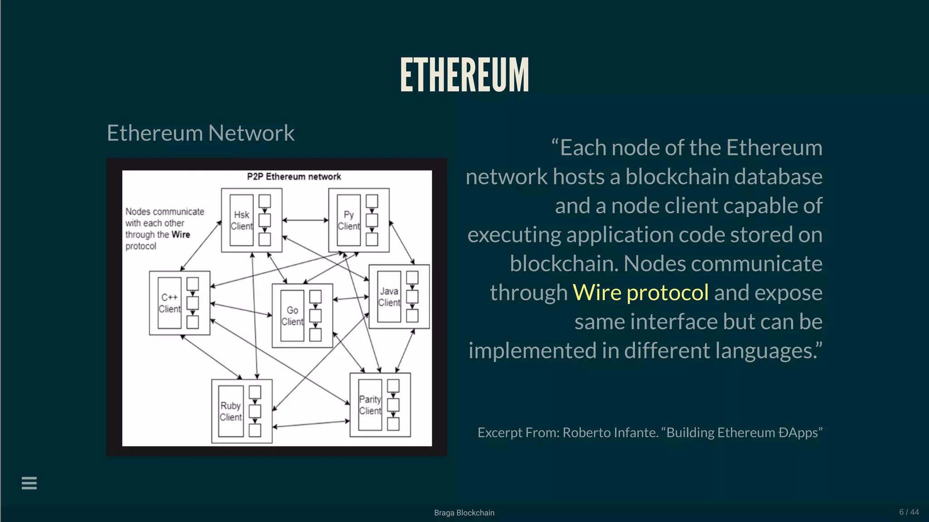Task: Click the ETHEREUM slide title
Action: pos(464,75)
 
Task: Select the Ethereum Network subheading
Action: pos(200,133)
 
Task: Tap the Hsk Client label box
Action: pos(241,221)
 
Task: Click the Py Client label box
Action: pos(348,221)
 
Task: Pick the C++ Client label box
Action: pos(170,303)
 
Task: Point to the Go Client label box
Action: pos(292,316)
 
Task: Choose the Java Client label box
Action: pos(389,297)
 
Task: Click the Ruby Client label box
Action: pos(230,411)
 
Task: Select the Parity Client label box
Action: pos(370,405)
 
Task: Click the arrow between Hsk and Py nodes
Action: pos(305,220)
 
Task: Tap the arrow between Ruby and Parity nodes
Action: pos(311,424)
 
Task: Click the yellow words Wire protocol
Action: pos(641,293)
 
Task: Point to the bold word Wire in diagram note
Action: pos(181,235)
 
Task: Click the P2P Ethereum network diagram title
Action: pos(294,177)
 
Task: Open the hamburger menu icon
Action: pos(29,483)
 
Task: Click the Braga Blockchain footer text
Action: pos(464,513)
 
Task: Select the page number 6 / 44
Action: pos(909,512)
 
